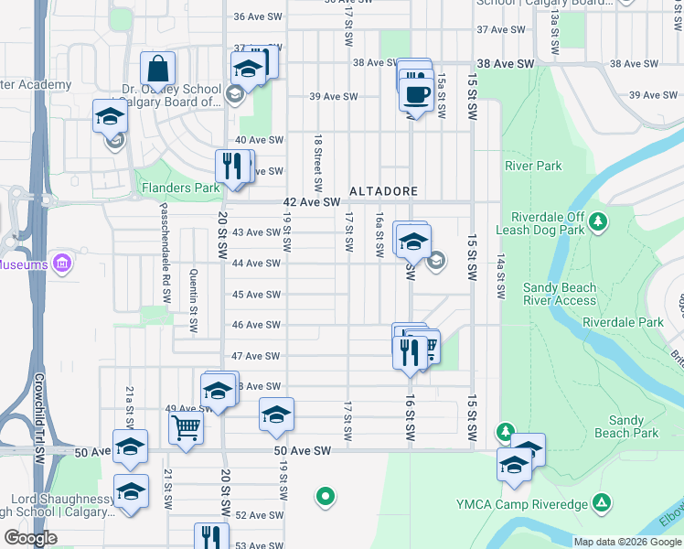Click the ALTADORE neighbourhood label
pyautogui.click(x=383, y=192)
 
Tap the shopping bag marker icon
pyautogui.click(x=158, y=70)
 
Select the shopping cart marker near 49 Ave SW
pyautogui.click(x=186, y=426)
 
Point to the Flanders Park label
pyautogui.click(x=181, y=188)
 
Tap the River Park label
pyautogui.click(x=533, y=166)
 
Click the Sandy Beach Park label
pyautogui.click(x=626, y=426)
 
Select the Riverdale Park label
pyautogui.click(x=623, y=322)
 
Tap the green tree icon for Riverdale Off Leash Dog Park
pyautogui.click(x=598, y=221)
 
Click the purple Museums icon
pyautogui.click(x=62, y=264)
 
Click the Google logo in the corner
pyautogui.click(x=30, y=538)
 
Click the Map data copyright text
pyautogui.click(x=626, y=542)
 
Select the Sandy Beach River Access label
pyautogui.click(x=559, y=294)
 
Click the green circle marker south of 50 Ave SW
pyautogui.click(x=324, y=497)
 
